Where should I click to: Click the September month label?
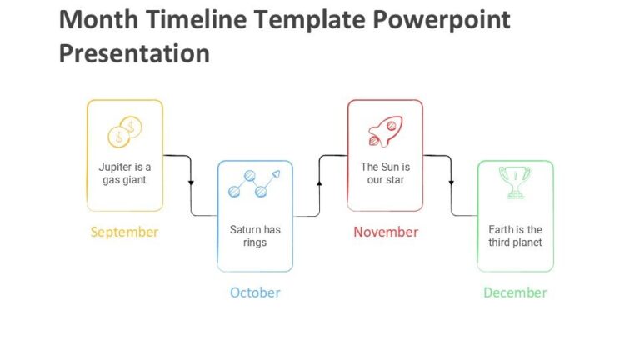point(124,232)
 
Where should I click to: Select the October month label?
point(255,292)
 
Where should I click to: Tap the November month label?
point(385,232)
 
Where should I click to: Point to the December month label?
point(515,292)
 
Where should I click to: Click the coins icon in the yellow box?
point(125,132)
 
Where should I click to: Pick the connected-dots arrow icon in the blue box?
point(255,183)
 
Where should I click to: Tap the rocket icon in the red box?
point(385,132)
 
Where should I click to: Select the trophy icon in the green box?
point(515,182)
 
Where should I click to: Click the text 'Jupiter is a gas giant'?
point(125,173)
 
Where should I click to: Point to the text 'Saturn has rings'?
point(255,236)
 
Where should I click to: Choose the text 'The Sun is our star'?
point(385,173)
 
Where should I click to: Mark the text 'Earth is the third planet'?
point(515,236)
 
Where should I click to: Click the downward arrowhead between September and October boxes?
point(191,182)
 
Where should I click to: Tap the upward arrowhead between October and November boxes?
point(320,181)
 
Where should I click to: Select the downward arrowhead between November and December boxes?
point(451,182)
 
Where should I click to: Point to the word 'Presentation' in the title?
point(134,53)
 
